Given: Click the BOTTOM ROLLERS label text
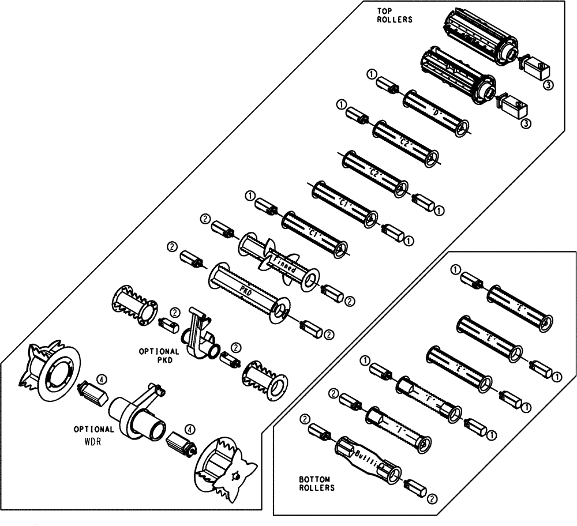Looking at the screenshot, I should [x=317, y=483].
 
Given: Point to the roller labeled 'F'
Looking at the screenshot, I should [x=429, y=399].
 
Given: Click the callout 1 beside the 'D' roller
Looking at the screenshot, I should [x=371, y=74].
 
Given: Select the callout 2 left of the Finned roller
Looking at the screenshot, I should [x=204, y=219].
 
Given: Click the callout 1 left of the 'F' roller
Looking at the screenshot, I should [x=365, y=361].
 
